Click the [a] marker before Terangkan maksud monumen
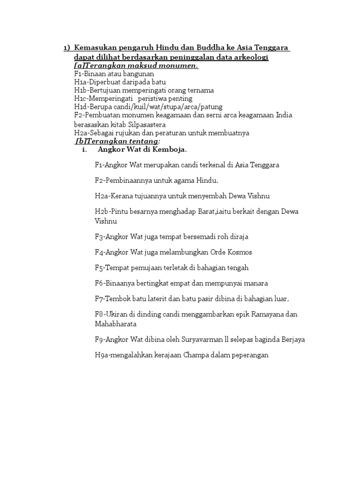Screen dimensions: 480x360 pyautogui.click(x=78, y=66)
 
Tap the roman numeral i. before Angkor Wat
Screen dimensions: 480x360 pyautogui.click(x=85, y=150)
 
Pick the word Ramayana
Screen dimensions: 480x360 pyautogui.click(x=266, y=314)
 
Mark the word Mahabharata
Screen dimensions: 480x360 pyautogui.click(x=116, y=323)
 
